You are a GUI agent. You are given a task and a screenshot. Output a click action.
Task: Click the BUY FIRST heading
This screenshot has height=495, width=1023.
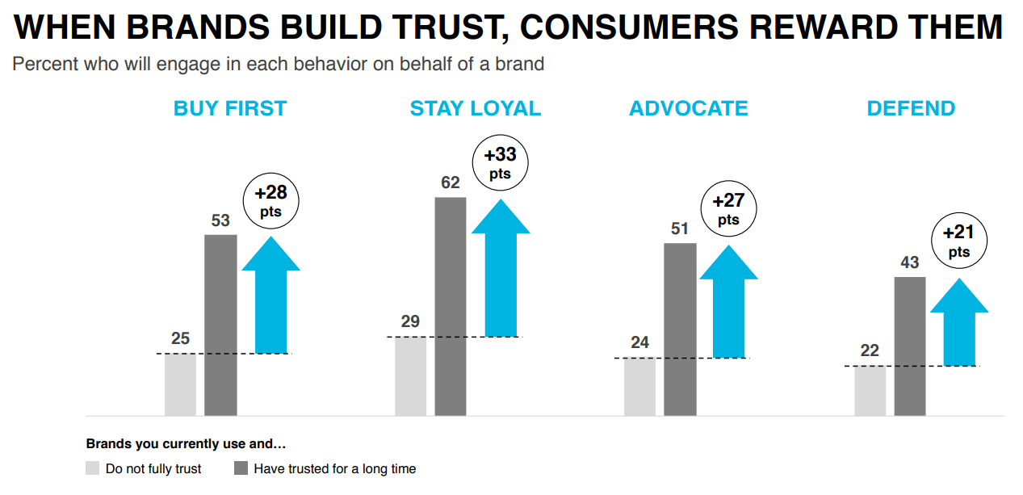pyautogui.click(x=230, y=109)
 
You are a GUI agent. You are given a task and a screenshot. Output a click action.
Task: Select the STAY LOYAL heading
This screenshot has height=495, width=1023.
pyautogui.click(x=476, y=109)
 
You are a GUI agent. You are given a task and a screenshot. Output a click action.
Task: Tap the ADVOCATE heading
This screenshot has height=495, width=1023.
pyautogui.click(x=689, y=109)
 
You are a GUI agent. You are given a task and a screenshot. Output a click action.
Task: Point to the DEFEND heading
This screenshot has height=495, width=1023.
pyautogui.click(x=911, y=109)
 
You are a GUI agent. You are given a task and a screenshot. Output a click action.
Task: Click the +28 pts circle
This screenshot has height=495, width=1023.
pyautogui.click(x=271, y=201)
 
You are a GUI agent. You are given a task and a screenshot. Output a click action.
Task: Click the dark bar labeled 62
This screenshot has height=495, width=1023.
pyautogui.click(x=451, y=307)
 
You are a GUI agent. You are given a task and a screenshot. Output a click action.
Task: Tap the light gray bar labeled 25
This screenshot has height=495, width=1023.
pyautogui.click(x=180, y=384)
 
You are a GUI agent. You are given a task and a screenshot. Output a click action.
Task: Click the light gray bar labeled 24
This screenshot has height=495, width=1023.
pyautogui.click(x=639, y=387)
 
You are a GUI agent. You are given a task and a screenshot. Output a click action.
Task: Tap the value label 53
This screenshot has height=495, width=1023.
pyautogui.click(x=220, y=220)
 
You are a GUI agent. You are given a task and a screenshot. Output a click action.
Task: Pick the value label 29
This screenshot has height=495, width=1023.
pyautogui.click(x=410, y=321)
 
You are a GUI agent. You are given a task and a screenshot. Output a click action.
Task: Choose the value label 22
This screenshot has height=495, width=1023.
pyautogui.click(x=870, y=351)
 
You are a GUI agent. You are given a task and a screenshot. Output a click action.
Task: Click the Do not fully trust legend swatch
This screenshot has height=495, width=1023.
pyautogui.click(x=93, y=468)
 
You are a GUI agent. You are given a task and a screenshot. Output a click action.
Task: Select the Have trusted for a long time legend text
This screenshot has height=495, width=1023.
pyautogui.click(x=335, y=468)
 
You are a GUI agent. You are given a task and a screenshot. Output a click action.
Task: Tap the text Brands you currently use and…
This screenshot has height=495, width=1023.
pyautogui.click(x=186, y=444)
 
